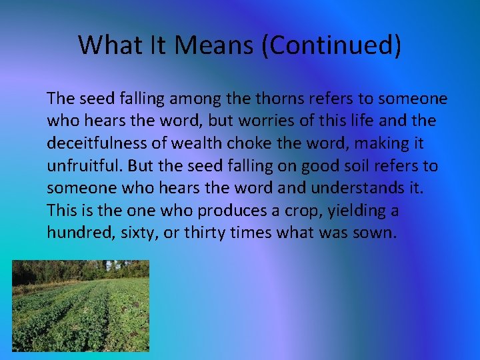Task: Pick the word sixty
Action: [x=133, y=232]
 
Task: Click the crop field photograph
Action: [x=81, y=305]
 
